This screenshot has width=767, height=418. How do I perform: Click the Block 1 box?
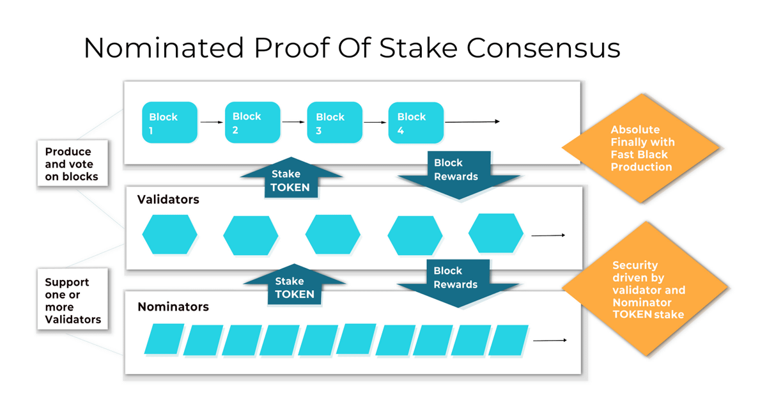point(169,122)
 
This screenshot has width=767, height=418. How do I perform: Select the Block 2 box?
point(252,122)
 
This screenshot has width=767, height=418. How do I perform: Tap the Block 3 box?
point(335,122)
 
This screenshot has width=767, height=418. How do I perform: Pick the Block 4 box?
point(416,122)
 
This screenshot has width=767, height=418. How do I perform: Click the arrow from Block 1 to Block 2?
point(212,122)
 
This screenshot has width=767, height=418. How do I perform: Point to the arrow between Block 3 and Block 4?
point(375,122)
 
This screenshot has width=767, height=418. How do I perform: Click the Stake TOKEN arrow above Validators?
point(291,179)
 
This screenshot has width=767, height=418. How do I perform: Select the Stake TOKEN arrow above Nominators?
point(294,286)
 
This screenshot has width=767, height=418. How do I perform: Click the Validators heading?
point(168,199)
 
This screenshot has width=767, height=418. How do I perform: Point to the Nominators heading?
point(173,307)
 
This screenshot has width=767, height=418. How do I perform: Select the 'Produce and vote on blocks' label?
point(72,164)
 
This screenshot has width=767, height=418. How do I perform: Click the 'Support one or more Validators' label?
point(72,300)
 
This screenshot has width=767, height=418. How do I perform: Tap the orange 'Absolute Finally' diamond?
point(641,148)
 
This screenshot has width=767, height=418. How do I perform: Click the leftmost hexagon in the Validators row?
point(169,235)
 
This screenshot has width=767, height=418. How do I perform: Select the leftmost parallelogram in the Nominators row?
point(164,339)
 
